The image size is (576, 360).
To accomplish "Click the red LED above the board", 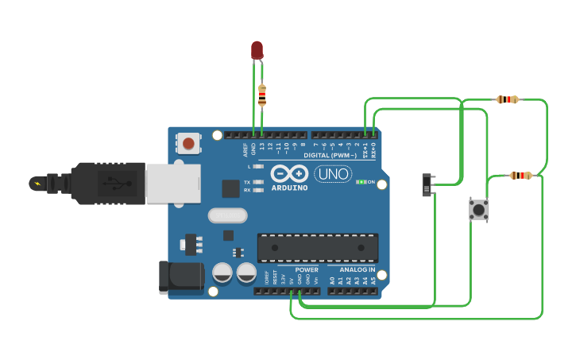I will point(257,50).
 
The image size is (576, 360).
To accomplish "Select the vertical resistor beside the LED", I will point(262,96).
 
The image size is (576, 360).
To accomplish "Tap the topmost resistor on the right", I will point(507,99).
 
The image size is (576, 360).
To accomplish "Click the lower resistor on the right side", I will point(520,176).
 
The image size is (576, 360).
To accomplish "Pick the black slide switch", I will point(427,185).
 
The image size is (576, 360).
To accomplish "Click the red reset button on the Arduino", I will point(188,144).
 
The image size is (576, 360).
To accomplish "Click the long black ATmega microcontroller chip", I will point(317,247).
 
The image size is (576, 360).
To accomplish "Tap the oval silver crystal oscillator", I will point(228,215).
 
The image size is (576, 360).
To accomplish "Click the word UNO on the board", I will point(333,174).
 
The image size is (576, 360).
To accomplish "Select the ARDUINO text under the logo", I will point(289,188).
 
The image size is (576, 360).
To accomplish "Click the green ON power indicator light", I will point(361,182).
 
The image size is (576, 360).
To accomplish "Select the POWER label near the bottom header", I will point(306,269).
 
